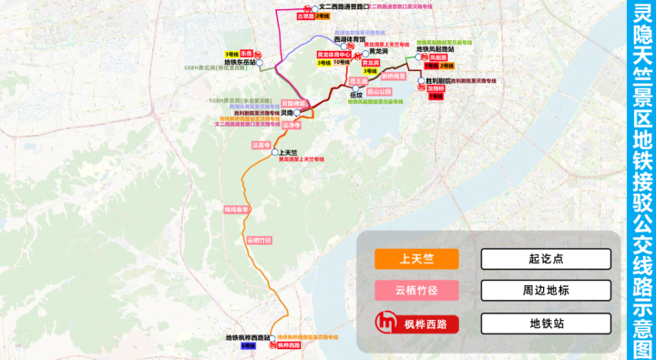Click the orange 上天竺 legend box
tap(415, 259)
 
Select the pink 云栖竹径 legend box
tap(415, 291)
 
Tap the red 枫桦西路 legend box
tap(415, 323)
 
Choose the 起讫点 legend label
tap(546, 259)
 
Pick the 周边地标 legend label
tap(546, 291)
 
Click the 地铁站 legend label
tap(546, 323)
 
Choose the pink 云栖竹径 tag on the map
tap(259, 240)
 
